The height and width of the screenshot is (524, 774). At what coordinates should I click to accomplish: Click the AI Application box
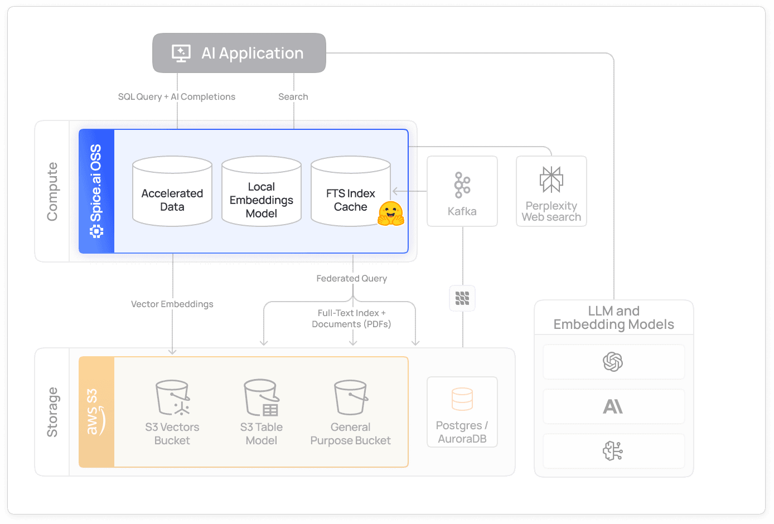pyautogui.click(x=239, y=53)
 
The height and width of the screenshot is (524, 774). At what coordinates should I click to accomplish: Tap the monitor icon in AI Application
pyautogui.click(x=181, y=54)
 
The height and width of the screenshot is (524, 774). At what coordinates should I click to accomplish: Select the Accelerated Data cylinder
pyautogui.click(x=172, y=192)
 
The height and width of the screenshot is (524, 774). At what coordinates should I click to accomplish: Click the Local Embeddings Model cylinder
pyautogui.click(x=262, y=192)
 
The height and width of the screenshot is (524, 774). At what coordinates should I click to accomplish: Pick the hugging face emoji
pyautogui.click(x=390, y=214)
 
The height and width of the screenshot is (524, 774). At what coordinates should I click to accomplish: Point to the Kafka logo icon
pyautogui.click(x=462, y=185)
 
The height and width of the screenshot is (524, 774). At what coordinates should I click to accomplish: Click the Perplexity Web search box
pyautogui.click(x=551, y=191)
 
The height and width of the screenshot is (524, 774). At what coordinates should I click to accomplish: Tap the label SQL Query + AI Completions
pyautogui.click(x=176, y=97)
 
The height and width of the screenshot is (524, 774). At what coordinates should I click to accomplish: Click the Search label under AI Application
pyautogui.click(x=293, y=97)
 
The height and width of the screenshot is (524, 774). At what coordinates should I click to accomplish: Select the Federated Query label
pyautogui.click(x=351, y=279)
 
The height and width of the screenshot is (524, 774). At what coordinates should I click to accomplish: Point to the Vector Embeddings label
pyautogui.click(x=172, y=304)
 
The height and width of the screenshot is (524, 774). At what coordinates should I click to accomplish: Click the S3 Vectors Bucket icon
pyautogui.click(x=172, y=398)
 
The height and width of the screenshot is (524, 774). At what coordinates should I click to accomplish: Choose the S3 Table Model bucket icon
pyautogui.click(x=262, y=398)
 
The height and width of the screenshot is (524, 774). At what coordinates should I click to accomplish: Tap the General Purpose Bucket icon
pyautogui.click(x=351, y=398)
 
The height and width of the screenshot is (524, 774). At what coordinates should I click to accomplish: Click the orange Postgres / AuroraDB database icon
pyautogui.click(x=462, y=399)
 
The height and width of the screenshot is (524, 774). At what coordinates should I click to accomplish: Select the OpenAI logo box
pyautogui.click(x=613, y=362)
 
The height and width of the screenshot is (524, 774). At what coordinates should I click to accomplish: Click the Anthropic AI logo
pyautogui.click(x=613, y=407)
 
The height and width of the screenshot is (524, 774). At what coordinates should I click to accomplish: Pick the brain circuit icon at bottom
pyautogui.click(x=613, y=451)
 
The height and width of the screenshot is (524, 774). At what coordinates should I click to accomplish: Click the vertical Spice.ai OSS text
pyautogui.click(x=96, y=184)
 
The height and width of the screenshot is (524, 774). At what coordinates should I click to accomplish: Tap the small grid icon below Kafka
pyautogui.click(x=462, y=298)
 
